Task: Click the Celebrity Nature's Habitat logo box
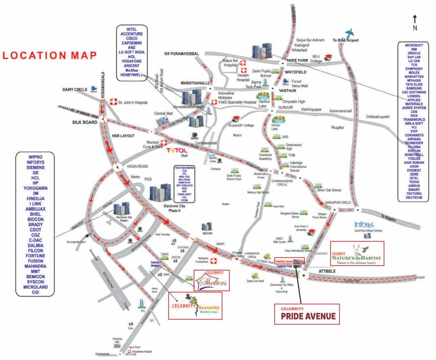357,254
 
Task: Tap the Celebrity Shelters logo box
212,280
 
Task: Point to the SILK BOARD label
84,122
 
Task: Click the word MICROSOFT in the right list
414,45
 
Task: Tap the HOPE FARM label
299,61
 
